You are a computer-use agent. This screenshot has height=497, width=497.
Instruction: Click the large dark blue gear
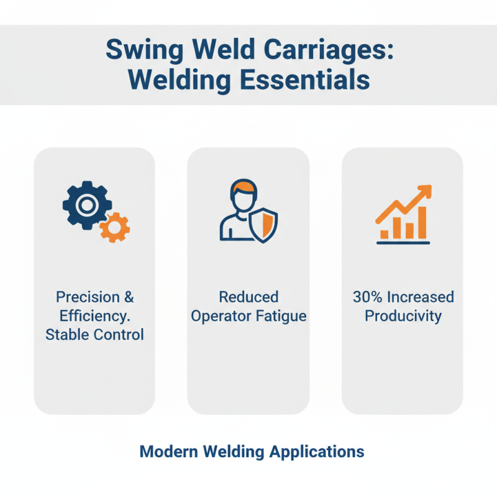click(87, 204)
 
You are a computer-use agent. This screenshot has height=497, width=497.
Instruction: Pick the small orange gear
click(114, 227)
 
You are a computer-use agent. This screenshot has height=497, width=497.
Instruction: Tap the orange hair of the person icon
click(241, 188)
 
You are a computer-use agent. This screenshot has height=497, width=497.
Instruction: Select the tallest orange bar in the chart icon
click(422, 222)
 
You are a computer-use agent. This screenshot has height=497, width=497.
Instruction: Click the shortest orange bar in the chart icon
click(385, 234)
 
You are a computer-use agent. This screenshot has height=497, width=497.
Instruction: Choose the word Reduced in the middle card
click(248, 297)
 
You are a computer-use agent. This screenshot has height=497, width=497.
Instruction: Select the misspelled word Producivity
click(403, 316)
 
